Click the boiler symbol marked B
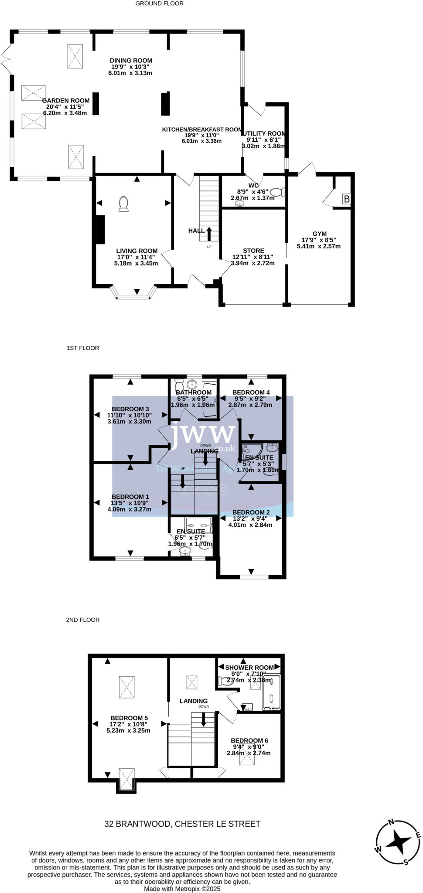pyautogui.click(x=347, y=199)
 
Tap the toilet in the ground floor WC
pyautogui.click(x=277, y=192)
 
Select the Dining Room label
pyautogui.click(x=131, y=61)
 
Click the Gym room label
pyautogui.click(x=319, y=234)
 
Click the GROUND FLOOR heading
pyautogui.click(x=159, y=3)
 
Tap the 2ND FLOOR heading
pyautogui.click(x=83, y=620)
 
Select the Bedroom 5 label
pyautogui.click(x=129, y=718)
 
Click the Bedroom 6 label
pyautogui.click(x=249, y=740)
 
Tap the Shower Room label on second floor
pyautogui.click(x=249, y=668)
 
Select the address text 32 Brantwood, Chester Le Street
pyautogui.click(x=182, y=824)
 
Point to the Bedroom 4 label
pyautogui.click(x=251, y=392)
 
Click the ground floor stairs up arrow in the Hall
pyautogui.click(x=209, y=234)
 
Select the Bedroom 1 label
pyautogui.click(x=130, y=497)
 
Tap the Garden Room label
pyautogui.click(x=66, y=101)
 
